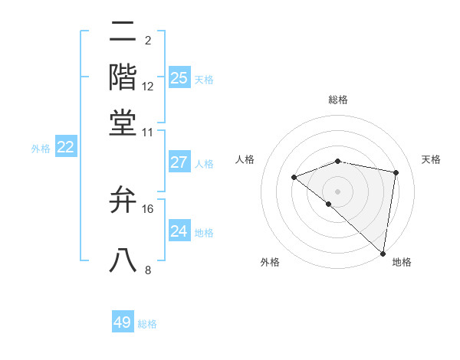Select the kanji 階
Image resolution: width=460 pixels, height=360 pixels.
click(123, 77)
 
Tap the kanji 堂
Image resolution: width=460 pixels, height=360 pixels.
click(123, 123)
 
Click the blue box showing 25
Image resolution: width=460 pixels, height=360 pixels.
click(179, 77)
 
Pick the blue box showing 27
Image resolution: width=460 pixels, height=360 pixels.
click(179, 162)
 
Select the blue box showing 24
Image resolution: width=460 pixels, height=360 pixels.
click(179, 231)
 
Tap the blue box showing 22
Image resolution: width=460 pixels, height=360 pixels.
click(65, 147)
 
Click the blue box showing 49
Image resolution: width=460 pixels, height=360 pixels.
click(123, 322)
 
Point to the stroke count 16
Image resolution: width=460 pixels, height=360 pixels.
click(148, 208)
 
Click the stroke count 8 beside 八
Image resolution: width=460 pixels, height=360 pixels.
click(148, 270)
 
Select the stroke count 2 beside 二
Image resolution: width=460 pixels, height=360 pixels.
click(147, 40)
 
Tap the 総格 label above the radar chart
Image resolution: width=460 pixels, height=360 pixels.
click(338, 100)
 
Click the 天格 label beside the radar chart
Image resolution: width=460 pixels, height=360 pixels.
click(432, 159)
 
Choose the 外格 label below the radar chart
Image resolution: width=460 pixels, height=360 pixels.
click(270, 262)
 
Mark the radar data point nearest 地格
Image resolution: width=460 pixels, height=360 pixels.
click(382, 253)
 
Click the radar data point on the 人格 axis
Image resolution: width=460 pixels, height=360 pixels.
click(294, 178)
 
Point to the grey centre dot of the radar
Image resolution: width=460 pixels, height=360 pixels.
click(337, 191)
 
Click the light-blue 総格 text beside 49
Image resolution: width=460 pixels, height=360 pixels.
click(147, 324)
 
